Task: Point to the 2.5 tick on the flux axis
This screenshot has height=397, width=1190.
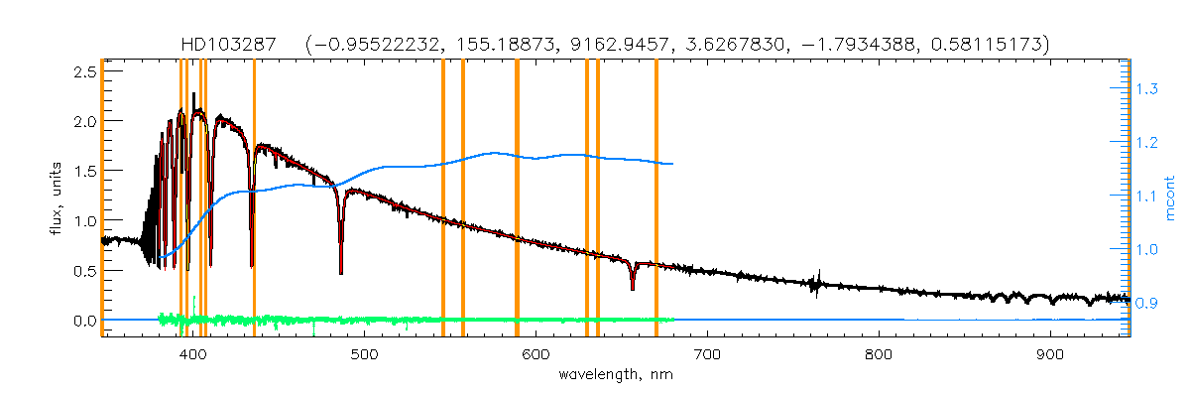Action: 83,71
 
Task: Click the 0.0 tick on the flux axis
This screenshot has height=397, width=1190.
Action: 83,321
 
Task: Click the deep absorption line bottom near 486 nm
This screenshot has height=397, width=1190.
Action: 341,271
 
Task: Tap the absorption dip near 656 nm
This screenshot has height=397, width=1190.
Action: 633,288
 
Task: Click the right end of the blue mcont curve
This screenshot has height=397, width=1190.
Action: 673,164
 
